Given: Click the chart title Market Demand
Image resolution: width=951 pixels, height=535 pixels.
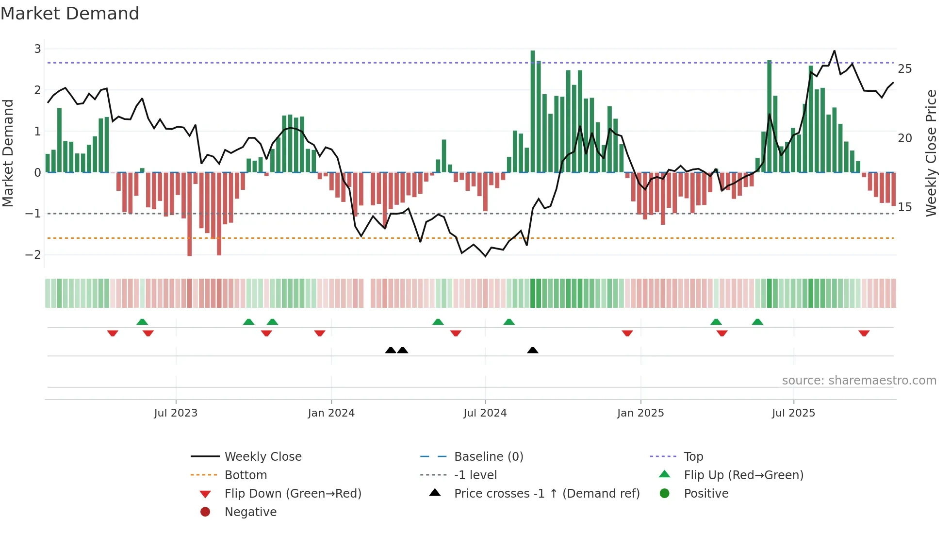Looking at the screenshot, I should point(70,14).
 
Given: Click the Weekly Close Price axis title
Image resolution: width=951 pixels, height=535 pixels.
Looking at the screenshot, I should point(931,153).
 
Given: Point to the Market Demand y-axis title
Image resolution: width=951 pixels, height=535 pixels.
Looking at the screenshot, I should point(8,153).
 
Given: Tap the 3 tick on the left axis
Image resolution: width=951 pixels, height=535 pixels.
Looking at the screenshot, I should point(37,49).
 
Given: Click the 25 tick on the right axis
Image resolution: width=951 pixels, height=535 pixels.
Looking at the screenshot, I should point(904,69).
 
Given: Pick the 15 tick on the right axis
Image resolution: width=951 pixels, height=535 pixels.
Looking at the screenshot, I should point(904,207).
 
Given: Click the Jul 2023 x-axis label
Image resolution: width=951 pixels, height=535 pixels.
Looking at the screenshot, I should point(176,413).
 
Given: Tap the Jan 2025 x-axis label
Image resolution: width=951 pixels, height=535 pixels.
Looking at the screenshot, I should point(640,413).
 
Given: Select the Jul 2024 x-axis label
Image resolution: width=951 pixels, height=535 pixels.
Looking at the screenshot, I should point(485,413).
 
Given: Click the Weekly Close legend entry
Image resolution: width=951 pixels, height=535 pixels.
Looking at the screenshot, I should point(262,457).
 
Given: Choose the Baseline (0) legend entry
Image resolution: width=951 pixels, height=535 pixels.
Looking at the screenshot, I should point(488,457).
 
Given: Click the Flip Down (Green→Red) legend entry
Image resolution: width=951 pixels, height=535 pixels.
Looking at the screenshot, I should point(293,494).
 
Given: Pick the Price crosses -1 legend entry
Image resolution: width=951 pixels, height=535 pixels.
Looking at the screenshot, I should point(546,494).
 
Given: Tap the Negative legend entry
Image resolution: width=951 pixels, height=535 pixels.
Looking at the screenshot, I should point(250,512).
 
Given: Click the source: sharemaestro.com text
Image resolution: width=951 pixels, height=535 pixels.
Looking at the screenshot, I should point(859,381).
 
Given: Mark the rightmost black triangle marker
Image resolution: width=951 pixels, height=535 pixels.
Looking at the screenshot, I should point(533,350).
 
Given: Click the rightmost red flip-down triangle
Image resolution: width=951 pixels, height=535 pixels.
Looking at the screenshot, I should point(864,333).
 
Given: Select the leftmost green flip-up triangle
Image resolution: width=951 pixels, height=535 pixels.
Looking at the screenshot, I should point(142,322).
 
